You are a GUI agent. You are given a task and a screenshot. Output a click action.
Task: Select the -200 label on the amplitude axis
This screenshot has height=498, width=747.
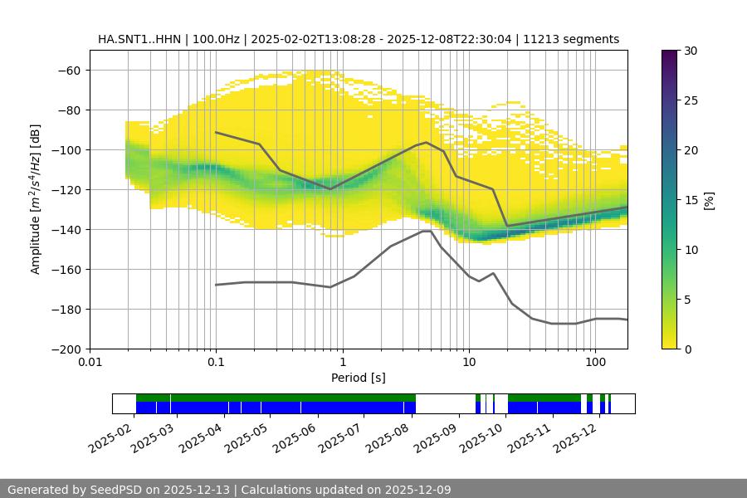click(x=67, y=349)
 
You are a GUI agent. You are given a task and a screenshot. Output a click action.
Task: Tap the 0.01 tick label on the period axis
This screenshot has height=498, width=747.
click(x=90, y=363)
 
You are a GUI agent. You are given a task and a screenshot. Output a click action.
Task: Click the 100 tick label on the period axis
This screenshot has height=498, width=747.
click(x=594, y=363)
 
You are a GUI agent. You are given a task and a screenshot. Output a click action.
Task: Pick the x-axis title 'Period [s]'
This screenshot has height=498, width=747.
click(x=359, y=378)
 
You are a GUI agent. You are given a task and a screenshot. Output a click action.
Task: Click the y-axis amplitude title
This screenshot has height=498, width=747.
click(x=36, y=199)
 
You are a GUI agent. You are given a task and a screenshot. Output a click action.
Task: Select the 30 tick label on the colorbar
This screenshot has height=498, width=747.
click(x=690, y=51)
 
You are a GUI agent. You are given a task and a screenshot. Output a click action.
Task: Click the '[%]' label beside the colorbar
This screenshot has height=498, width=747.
click(x=710, y=199)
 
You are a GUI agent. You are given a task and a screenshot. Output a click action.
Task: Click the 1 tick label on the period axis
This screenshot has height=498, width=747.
click(x=342, y=363)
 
